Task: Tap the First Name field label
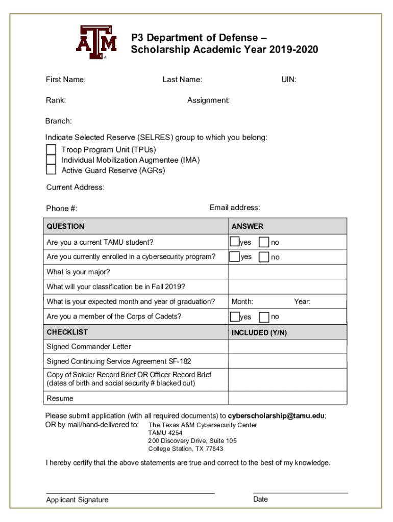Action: tap(66, 80)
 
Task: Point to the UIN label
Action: tap(288, 80)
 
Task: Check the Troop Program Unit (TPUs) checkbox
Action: tap(51, 149)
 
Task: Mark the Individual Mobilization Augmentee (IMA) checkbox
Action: tap(51, 160)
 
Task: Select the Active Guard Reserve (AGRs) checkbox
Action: tap(51, 170)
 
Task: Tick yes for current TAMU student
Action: tap(234, 242)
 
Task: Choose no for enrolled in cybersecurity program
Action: tap(264, 257)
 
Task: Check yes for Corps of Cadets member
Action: tap(234, 317)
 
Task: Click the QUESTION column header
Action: tap(65, 226)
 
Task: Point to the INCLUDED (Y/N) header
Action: tap(259, 332)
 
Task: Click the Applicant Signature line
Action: tap(130, 492)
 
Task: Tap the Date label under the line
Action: tap(260, 500)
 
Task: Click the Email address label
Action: tap(235, 207)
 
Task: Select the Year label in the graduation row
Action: tap(302, 302)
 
